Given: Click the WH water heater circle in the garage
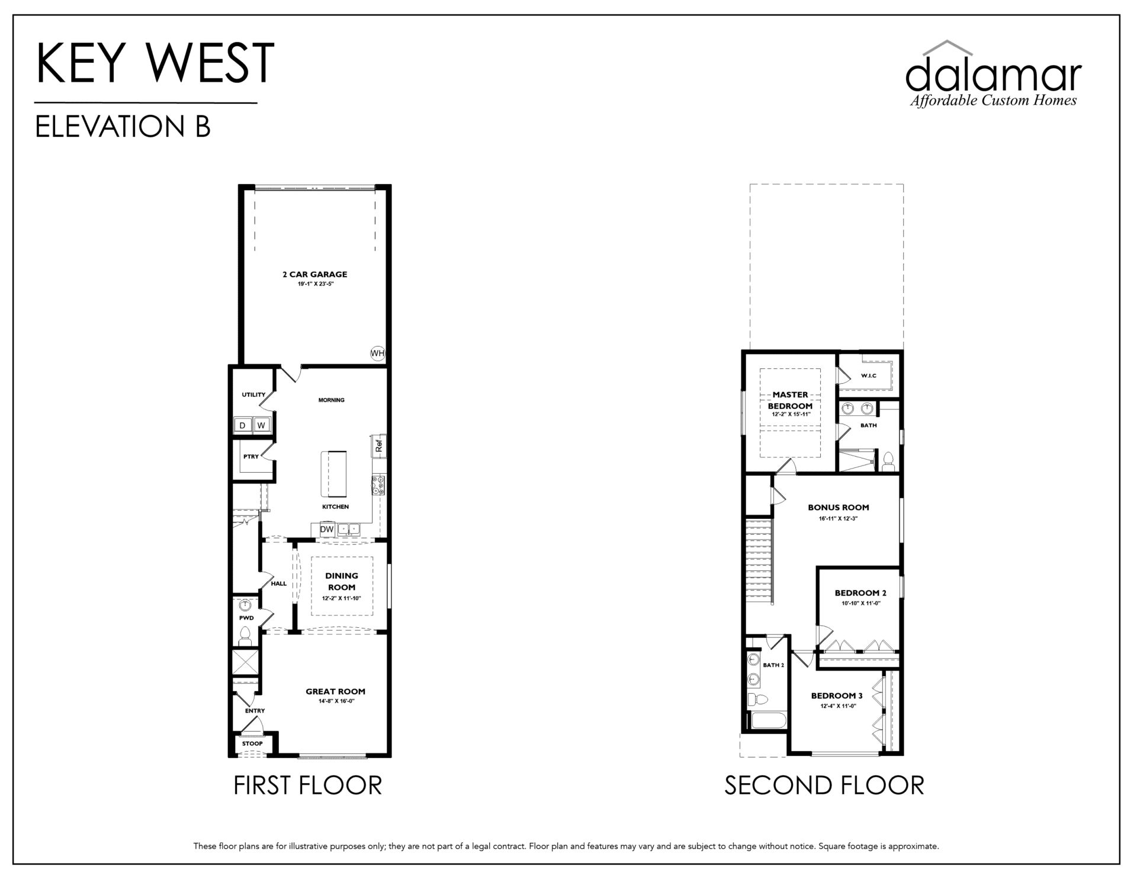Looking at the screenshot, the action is (x=377, y=354).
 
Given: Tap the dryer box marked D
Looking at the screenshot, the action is (x=242, y=425).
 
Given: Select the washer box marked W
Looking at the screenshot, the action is (x=261, y=425).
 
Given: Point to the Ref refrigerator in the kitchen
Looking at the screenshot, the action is (x=379, y=445).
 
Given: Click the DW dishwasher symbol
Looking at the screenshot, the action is (x=327, y=529).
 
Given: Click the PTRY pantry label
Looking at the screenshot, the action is (x=251, y=457).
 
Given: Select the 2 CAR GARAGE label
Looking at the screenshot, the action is (x=314, y=274).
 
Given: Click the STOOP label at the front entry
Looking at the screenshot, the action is (x=252, y=743).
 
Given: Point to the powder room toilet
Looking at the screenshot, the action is (x=245, y=636).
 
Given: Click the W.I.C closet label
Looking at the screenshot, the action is (x=869, y=376).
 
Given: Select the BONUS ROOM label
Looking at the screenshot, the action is (x=839, y=507).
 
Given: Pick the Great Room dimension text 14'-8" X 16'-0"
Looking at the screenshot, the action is (x=335, y=701).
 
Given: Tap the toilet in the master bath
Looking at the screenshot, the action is (x=888, y=462).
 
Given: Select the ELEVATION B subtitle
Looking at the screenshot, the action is (x=123, y=126).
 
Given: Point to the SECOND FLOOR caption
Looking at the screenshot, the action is (x=824, y=785).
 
